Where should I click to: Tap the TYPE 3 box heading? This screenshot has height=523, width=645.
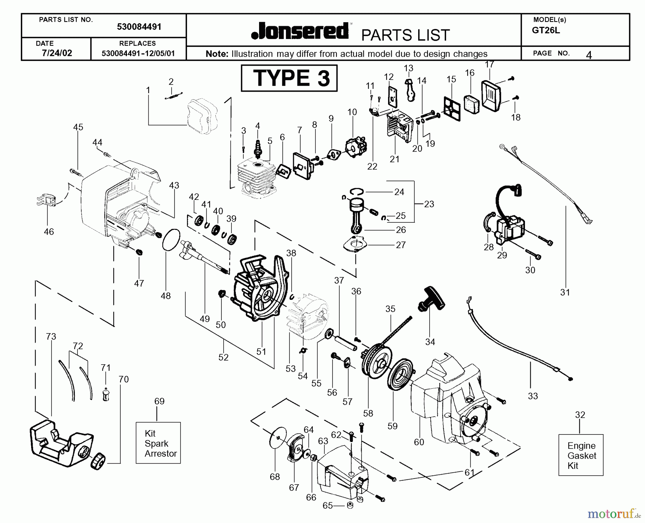(x=289, y=78)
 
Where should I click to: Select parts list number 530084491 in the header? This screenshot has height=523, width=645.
(x=139, y=27)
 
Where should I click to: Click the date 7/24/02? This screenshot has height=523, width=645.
(x=57, y=53)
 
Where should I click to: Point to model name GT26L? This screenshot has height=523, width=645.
(x=546, y=30)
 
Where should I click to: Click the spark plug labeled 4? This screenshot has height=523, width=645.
(x=257, y=148)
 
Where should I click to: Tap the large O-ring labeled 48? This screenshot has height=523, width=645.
(x=171, y=240)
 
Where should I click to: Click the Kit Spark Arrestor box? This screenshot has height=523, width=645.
(x=158, y=443)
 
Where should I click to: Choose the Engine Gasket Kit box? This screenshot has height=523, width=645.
(x=580, y=455)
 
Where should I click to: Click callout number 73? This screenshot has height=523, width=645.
(x=51, y=337)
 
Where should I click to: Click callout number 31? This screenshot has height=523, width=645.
(x=565, y=292)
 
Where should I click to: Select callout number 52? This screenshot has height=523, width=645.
(x=223, y=357)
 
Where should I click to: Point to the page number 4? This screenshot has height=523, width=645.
(x=588, y=55)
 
